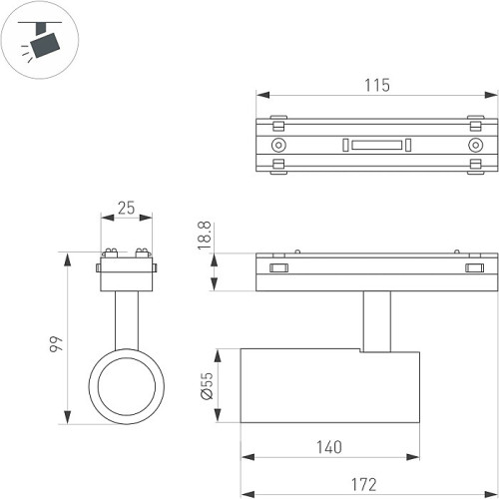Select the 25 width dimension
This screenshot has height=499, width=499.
pos(126,208)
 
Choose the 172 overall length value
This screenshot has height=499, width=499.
pos(363,485)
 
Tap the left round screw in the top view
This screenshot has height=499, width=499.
pos(279,145)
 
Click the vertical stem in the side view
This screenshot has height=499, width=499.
pos(376,321)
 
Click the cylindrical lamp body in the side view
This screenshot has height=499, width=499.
pos(330,385)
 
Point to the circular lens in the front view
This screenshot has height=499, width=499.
pos(125,385)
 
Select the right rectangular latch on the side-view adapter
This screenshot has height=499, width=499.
pos(472,267)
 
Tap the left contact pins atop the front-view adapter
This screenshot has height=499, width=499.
pos(109,250)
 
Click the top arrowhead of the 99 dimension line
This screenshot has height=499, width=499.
pos(69,257)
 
